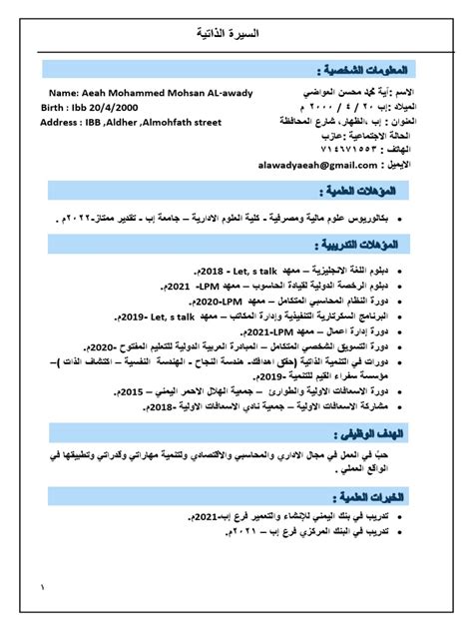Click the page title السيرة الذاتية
(x=236, y=36)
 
